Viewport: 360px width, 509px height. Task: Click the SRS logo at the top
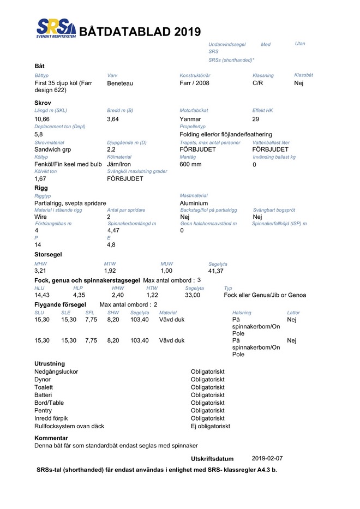point(55,27)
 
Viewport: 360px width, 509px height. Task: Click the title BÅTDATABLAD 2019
point(140,32)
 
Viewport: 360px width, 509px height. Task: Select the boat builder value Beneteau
point(120,83)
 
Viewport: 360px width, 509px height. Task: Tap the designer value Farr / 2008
point(194,83)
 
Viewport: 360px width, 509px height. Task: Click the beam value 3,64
point(113,119)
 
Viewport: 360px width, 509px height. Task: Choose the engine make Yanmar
point(190,119)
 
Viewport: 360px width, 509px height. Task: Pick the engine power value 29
point(256,119)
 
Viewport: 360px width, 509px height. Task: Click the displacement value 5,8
point(39,134)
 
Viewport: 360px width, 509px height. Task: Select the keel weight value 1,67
point(40,178)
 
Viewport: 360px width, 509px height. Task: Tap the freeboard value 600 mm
point(190,164)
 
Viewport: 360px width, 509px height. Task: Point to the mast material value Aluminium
point(194,203)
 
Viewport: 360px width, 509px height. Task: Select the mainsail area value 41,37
point(216,271)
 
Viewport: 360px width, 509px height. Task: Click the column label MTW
point(110,264)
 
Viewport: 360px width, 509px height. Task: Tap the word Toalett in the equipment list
point(44,387)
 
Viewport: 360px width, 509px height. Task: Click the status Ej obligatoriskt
point(211,426)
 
